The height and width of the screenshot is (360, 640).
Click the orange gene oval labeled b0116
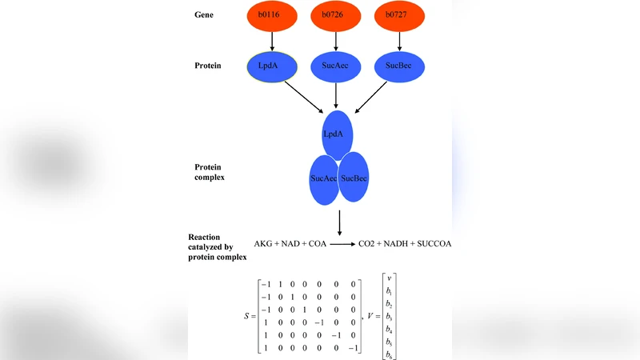(x=274, y=15)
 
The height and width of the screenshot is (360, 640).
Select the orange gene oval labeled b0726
(x=336, y=15)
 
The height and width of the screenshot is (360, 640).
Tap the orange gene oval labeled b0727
(x=398, y=15)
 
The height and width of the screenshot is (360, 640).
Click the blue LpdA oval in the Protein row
(x=274, y=66)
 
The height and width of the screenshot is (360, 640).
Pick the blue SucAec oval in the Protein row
(x=336, y=66)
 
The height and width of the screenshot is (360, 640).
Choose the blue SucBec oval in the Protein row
(x=398, y=66)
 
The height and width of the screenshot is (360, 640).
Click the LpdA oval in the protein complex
(x=334, y=134)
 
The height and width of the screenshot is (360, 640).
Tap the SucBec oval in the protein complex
(x=354, y=177)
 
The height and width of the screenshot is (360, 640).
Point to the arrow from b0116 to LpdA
(x=274, y=41)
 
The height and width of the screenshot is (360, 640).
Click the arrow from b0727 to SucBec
(x=398, y=41)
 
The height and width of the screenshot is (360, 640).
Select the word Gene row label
(x=205, y=15)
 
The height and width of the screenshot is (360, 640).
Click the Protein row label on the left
(x=208, y=66)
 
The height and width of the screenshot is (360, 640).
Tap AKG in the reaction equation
(x=263, y=243)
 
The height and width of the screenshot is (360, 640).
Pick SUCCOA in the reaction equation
(x=434, y=243)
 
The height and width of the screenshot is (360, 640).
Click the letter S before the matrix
(x=246, y=318)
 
